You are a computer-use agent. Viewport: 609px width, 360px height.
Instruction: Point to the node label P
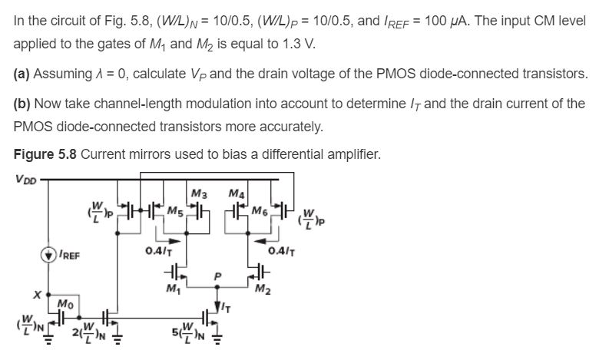(219, 272)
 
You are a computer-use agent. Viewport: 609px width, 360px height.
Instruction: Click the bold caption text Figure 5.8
(45, 154)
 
